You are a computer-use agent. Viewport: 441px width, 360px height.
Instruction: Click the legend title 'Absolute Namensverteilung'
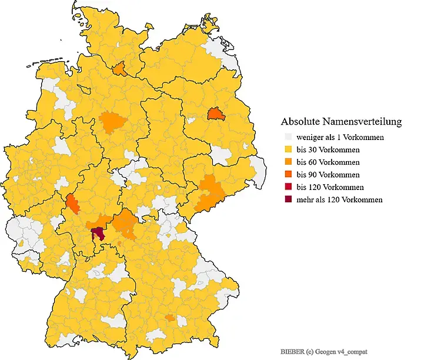pyautogui.click(x=341, y=122)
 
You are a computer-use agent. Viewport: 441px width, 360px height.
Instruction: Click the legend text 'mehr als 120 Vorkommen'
pyautogui.click(x=339, y=199)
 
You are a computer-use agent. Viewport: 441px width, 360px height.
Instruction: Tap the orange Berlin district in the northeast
pyautogui.click(x=216, y=113)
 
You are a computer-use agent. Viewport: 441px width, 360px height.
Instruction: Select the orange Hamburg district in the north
pyautogui.click(x=119, y=69)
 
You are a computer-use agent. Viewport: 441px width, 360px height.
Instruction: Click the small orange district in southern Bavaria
pyautogui.click(x=170, y=318)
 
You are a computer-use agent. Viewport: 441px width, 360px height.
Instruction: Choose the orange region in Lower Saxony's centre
pyautogui.click(x=112, y=122)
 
